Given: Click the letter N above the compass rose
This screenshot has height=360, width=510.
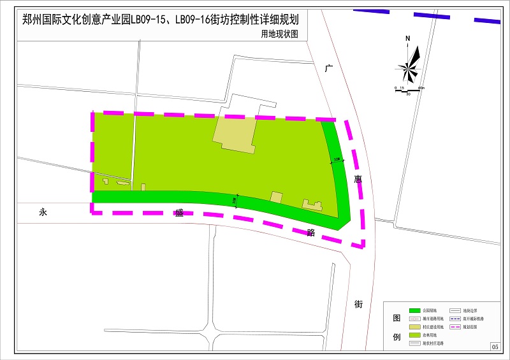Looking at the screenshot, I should coord(407,39).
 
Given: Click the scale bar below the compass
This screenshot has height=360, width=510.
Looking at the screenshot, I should coord(408,90).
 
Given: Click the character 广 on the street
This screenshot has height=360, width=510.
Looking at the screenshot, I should coord(328,68).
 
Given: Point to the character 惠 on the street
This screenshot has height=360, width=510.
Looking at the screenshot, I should coord(358,180).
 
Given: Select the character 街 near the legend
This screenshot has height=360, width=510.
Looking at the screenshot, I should coord(358,304).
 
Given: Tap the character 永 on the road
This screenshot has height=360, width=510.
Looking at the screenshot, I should coord(43,213).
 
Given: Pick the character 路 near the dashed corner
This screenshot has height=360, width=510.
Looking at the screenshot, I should coord(311,233).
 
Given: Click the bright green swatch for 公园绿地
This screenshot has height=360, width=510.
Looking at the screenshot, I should coord(414,310).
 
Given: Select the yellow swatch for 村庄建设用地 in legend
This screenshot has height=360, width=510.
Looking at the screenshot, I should coord(414,326).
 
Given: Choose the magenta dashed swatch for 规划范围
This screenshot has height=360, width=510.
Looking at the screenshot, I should coord(456,326).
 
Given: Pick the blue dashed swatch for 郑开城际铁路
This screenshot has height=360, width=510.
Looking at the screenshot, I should coord(456,318).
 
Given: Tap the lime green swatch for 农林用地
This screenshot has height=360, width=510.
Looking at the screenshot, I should coord(414,335).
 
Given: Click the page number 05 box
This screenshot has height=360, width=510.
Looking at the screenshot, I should coord(495,346).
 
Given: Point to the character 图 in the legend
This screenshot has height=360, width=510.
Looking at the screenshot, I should coord(396,319).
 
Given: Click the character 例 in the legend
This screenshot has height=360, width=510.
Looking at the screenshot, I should coord(396,337).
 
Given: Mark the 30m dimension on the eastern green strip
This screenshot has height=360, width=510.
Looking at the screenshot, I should coord(337,160).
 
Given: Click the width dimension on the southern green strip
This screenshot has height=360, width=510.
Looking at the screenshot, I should coord(236,200).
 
